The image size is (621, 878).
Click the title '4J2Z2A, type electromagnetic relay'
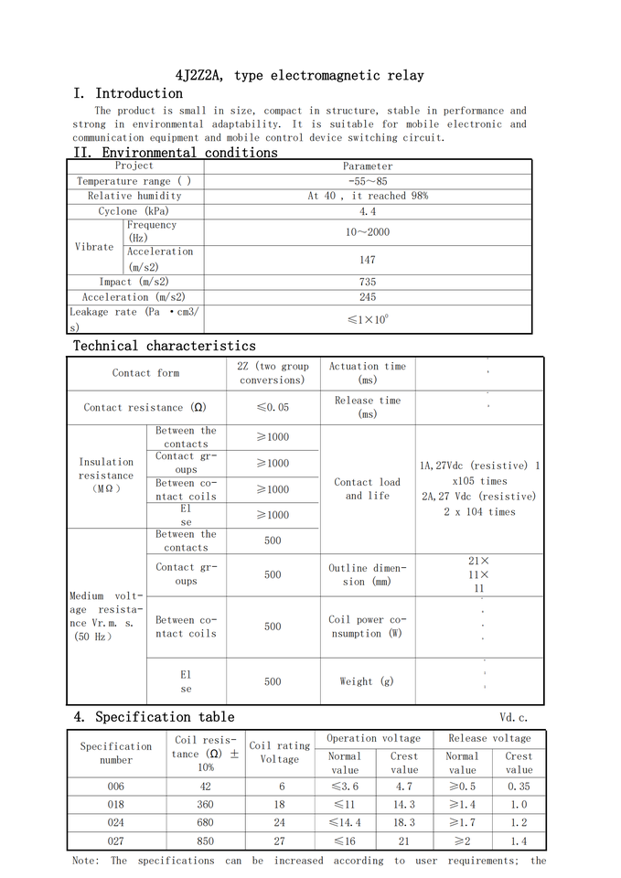300,75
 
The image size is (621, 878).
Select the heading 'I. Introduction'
128,93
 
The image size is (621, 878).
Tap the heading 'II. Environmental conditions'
176,153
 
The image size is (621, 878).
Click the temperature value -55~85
368,181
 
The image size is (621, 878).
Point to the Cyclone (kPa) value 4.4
368,211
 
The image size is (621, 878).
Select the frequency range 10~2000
368,232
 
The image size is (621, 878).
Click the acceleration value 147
368,260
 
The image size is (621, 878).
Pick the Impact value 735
368,283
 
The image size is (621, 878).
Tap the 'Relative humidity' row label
134,196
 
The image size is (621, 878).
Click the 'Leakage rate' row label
134,319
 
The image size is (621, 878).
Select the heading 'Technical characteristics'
165,346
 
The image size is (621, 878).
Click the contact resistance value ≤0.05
273,408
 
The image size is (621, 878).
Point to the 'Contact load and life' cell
368,488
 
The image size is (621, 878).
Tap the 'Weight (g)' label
367,681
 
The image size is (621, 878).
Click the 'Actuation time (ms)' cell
368,373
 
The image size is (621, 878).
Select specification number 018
115,805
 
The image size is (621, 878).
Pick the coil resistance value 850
205,841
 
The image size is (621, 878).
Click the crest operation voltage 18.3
404,823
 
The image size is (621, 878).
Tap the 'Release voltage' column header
489,738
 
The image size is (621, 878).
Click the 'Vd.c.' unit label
514,718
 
